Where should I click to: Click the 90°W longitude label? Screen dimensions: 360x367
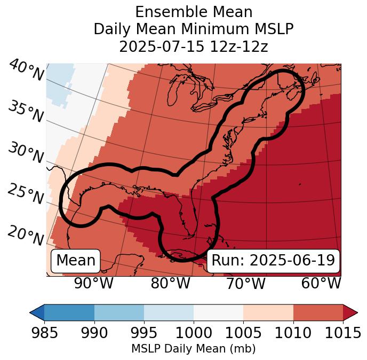93,283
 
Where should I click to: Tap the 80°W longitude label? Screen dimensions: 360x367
170,283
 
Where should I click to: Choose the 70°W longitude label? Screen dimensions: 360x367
245,283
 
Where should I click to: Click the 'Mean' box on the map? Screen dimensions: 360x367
76,261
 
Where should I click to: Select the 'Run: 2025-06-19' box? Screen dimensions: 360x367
273,261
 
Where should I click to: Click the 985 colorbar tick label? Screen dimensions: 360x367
44,333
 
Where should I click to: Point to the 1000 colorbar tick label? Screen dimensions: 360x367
194,333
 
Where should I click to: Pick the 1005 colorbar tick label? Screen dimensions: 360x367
243,333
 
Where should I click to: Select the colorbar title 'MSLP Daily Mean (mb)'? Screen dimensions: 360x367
193,349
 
